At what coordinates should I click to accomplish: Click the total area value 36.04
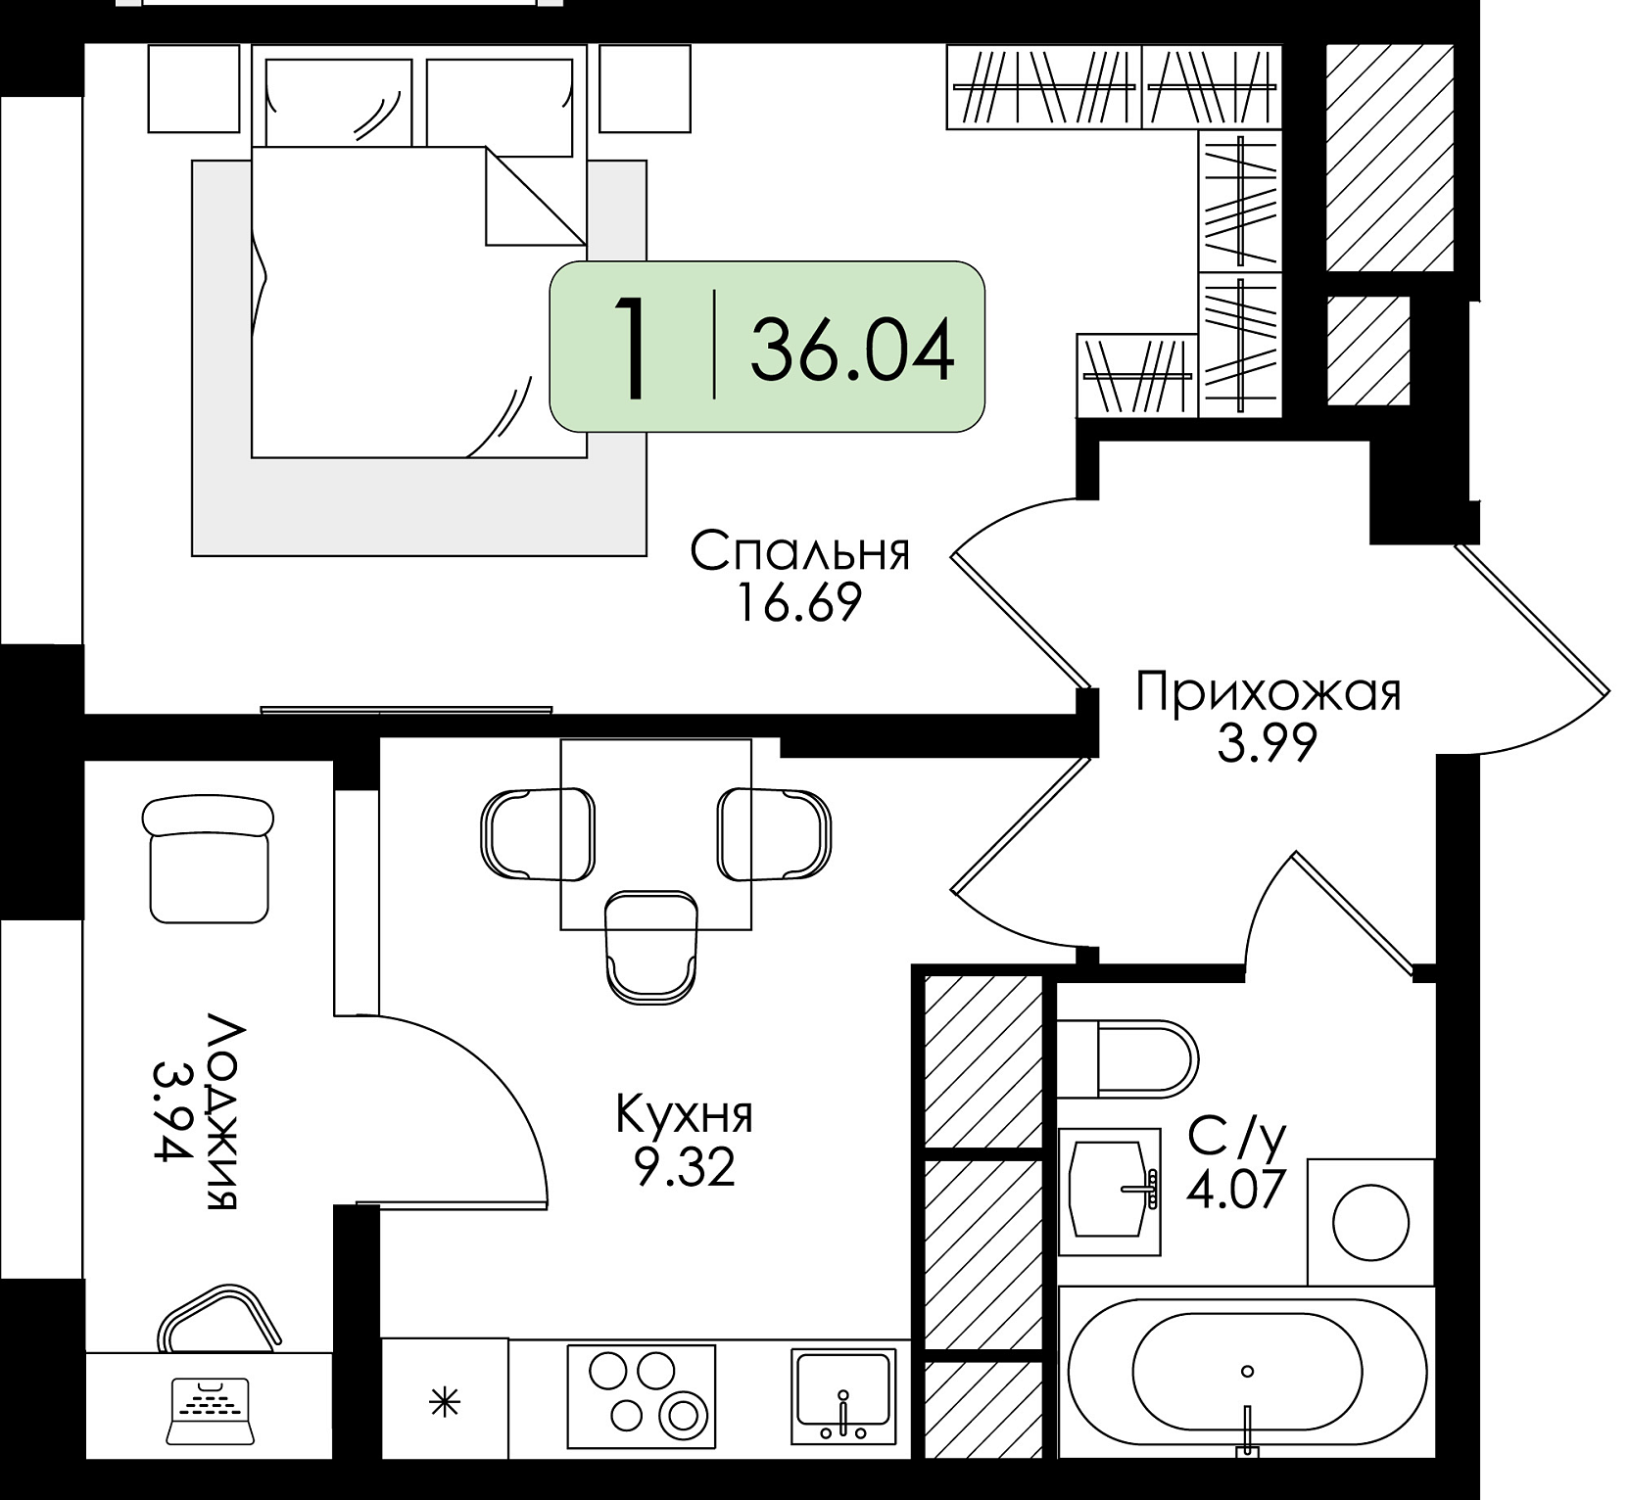(x=852, y=351)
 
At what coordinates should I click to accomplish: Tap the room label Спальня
(x=800, y=553)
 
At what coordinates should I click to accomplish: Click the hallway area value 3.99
(x=1267, y=743)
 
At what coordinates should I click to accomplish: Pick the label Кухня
(x=685, y=1116)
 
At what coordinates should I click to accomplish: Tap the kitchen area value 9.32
(x=685, y=1166)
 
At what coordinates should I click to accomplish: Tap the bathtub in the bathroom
(x=1247, y=1373)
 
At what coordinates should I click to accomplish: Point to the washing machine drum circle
(x=1371, y=1222)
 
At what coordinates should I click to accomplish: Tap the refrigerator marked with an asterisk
(x=445, y=1403)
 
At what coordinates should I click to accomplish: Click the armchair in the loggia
(x=209, y=859)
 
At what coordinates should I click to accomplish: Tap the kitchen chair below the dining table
(x=651, y=946)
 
